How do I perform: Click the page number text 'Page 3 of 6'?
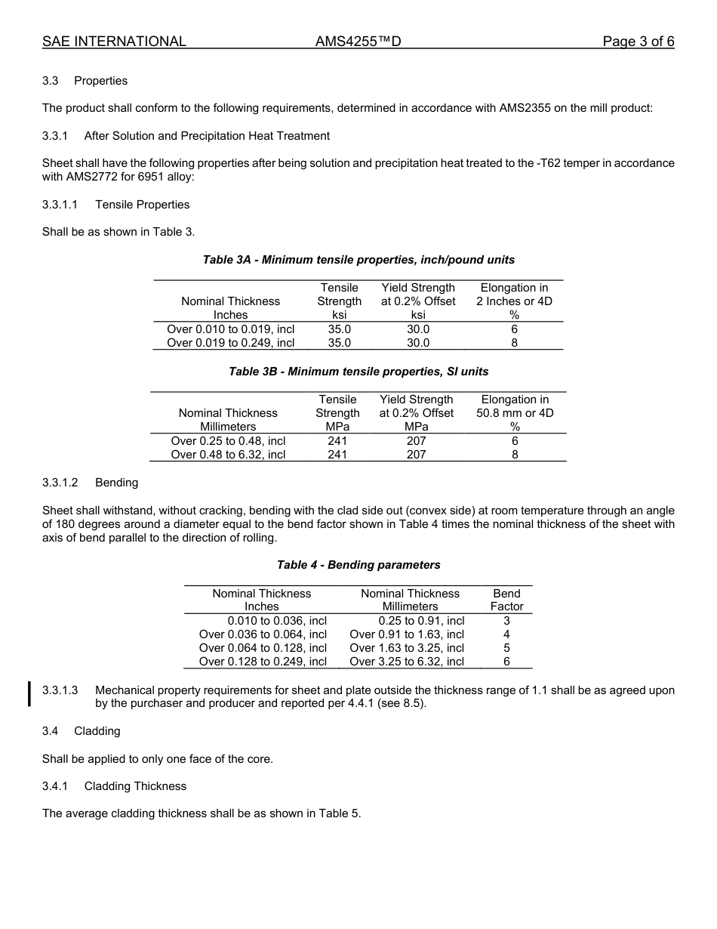pos(638,42)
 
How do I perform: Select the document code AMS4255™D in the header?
pos(358,42)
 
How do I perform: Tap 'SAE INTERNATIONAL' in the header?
pos(114,42)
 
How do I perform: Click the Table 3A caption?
pos(358,260)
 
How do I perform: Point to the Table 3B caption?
pos(358,372)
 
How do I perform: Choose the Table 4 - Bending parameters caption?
pos(358,565)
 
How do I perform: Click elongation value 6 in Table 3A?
pos(514,329)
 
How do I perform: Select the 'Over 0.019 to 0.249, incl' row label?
pos(230,343)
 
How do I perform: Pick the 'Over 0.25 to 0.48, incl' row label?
pos(228,441)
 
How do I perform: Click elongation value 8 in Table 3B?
pos(515,455)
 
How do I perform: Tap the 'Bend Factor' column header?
pos(506,600)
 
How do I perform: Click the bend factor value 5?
pos(506,648)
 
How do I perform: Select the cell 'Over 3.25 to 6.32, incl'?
pos(407,662)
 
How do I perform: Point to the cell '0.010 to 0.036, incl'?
pos(276,621)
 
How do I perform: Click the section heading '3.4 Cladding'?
pos(82,731)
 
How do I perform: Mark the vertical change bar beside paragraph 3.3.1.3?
pos(29,693)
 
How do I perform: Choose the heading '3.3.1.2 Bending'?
pos(90,483)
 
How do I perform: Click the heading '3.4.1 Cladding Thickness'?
pos(114,786)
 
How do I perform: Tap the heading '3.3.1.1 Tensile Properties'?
pos(115,205)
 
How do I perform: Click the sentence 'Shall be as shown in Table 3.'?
pos(118,232)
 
